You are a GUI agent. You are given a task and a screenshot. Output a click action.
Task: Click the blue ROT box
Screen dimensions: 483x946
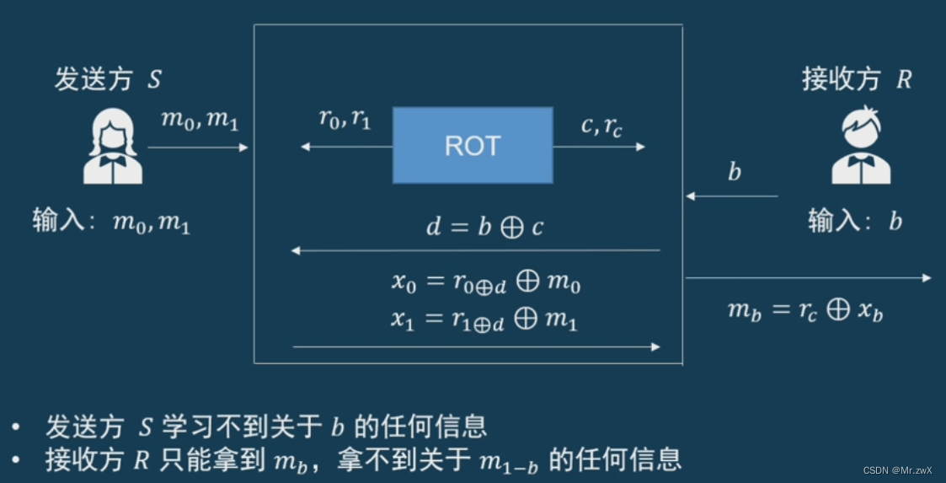click(473, 145)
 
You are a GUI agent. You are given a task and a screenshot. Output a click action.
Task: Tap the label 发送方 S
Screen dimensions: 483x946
click(108, 80)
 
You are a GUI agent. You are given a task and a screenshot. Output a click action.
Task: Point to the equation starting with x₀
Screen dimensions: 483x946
click(485, 283)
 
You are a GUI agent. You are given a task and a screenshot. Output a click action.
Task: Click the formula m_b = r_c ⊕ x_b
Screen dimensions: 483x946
click(804, 310)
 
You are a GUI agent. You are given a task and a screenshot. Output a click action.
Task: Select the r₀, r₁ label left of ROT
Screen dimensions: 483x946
click(345, 119)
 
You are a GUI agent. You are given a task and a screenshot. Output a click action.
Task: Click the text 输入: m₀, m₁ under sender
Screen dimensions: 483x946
click(111, 222)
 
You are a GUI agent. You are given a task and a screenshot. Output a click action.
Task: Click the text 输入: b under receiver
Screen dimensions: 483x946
click(855, 222)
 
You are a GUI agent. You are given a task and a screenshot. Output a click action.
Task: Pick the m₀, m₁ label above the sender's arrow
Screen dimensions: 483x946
click(200, 121)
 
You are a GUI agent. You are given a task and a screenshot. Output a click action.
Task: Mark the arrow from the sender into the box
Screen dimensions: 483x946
click(198, 148)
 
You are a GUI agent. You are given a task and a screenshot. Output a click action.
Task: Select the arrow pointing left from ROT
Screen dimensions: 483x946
click(346, 147)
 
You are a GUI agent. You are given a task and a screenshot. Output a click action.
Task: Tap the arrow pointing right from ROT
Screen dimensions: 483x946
click(599, 147)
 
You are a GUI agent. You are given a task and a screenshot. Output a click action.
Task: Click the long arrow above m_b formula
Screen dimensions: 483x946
click(809, 278)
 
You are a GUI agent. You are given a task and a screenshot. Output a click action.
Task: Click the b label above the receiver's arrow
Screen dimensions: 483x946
click(735, 173)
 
